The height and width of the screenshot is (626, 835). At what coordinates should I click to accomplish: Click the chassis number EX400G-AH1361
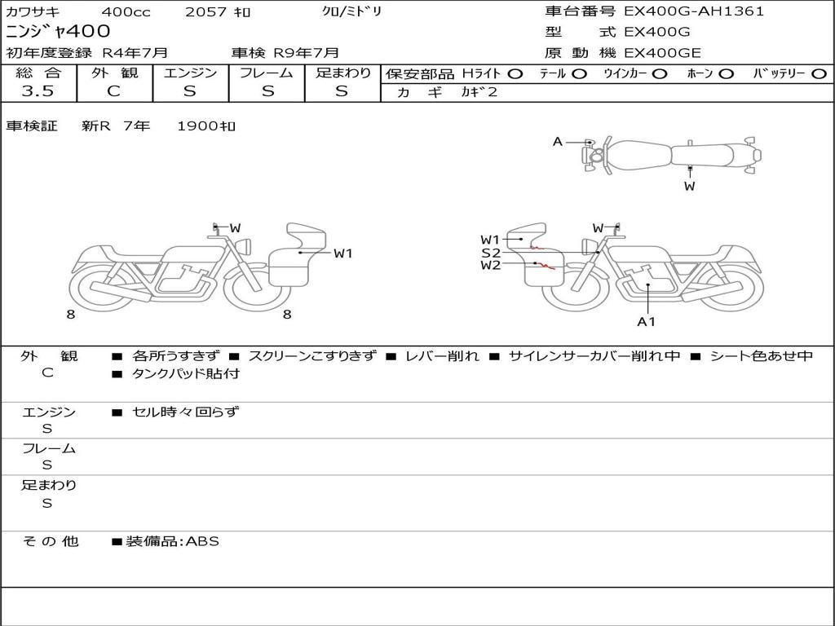[694, 11]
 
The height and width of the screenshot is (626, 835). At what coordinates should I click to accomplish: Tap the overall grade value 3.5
[38, 91]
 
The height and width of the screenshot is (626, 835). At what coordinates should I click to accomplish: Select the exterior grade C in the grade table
[114, 91]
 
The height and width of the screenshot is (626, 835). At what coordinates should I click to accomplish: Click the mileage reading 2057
[206, 11]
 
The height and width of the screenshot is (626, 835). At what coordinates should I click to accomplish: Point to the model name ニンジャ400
[58, 31]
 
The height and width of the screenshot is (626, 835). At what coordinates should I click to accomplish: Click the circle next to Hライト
[515, 74]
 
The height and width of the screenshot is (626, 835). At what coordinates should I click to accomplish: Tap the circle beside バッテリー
[819, 74]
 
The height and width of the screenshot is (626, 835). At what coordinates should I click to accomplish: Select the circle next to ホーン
[727, 74]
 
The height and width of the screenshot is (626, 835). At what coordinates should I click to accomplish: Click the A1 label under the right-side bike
[646, 321]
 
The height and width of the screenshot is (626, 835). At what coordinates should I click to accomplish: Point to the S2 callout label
[490, 253]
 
